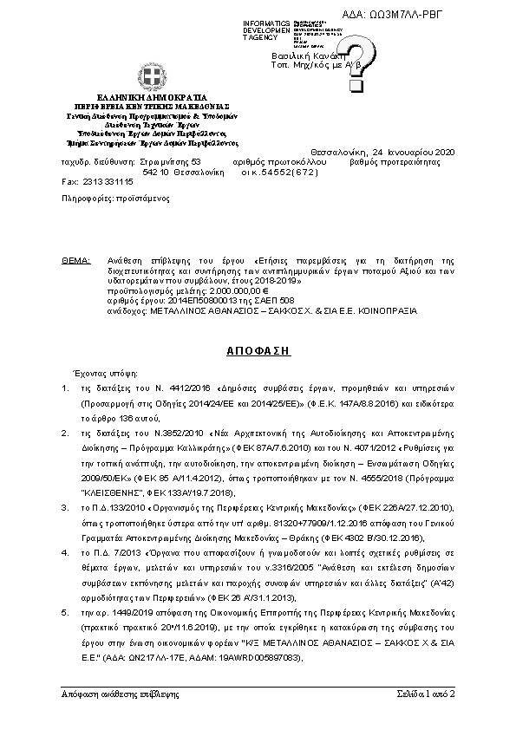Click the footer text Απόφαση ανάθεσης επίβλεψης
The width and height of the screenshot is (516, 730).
coord(120,694)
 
